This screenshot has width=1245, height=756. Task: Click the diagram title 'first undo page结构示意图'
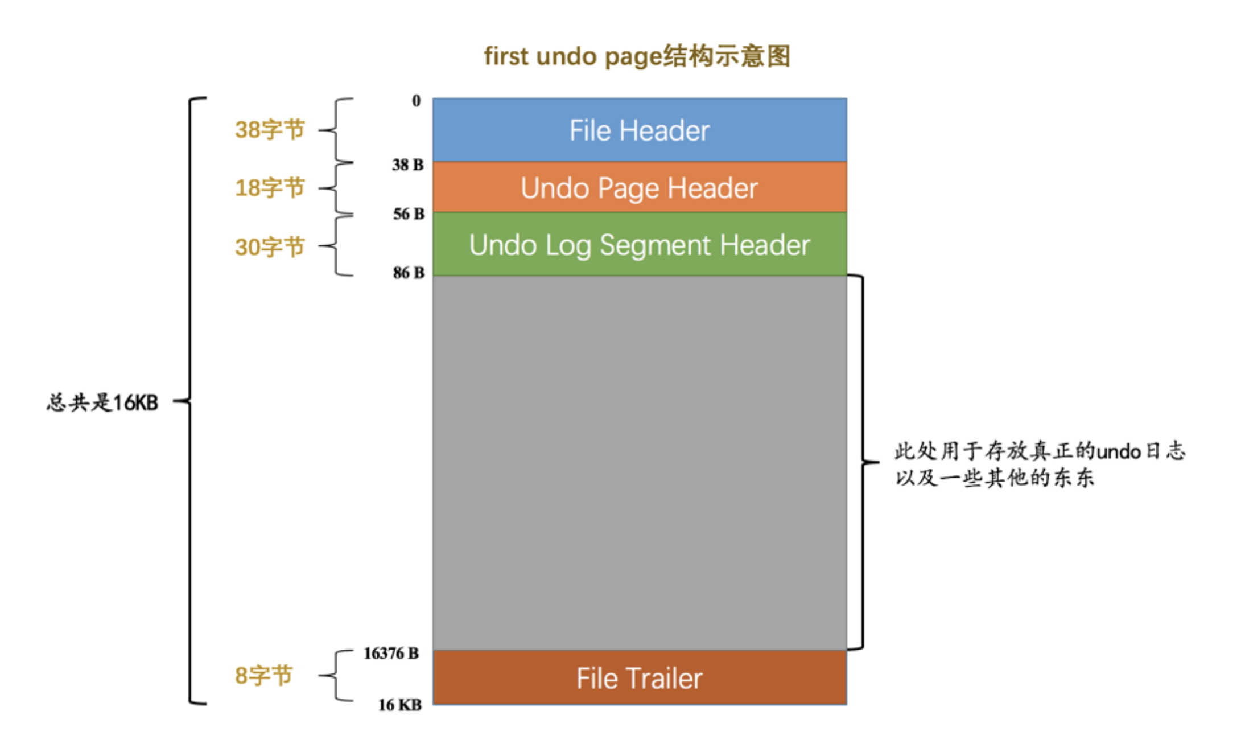[637, 56]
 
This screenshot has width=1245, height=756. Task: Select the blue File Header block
[639, 130]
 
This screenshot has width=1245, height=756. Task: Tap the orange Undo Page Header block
[639, 188]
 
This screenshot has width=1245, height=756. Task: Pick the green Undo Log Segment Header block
[639, 245]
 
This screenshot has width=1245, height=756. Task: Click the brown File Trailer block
[639, 678]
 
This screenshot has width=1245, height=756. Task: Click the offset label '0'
[416, 101]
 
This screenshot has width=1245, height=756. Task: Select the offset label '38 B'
[407, 165]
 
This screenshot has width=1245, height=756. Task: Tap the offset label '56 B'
[409, 214]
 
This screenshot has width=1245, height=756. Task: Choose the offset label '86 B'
[409, 273]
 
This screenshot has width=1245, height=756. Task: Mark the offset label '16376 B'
[391, 653]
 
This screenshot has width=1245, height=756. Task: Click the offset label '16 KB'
[399, 705]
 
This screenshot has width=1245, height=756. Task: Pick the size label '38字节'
[270, 130]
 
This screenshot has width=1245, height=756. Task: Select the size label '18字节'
[270, 188]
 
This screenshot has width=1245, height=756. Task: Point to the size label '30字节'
[270, 247]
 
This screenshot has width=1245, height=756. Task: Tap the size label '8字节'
[263, 676]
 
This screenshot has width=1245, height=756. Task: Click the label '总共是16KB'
[102, 402]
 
